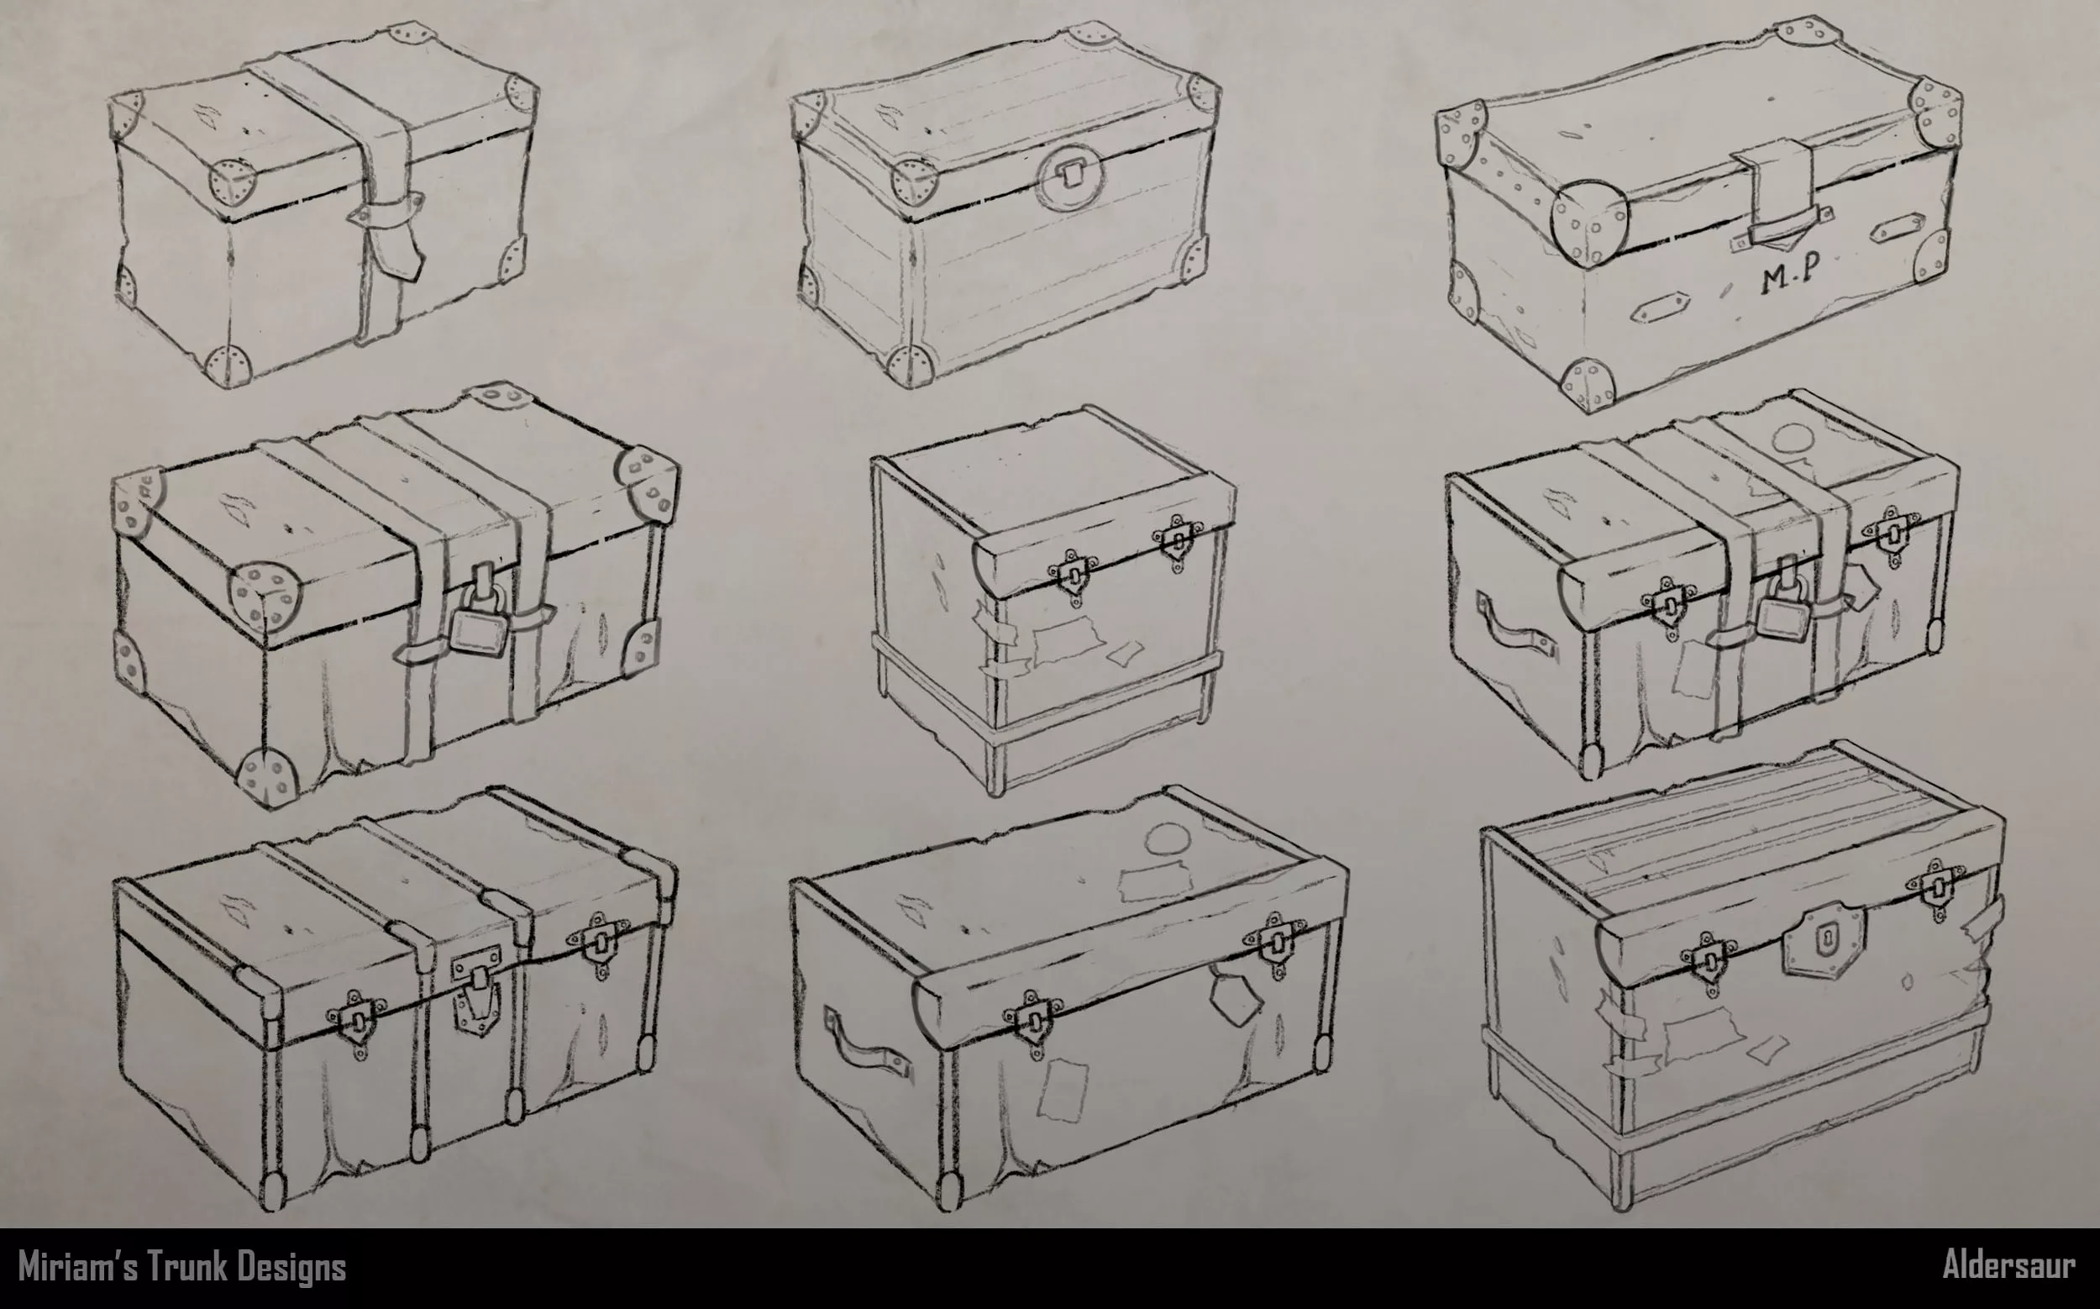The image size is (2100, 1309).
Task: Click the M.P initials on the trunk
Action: click(x=1782, y=281)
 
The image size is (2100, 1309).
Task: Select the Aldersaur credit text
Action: click(x=2008, y=1265)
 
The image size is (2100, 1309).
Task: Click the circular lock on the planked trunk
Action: click(x=1074, y=179)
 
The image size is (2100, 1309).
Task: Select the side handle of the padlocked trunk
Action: click(x=1514, y=635)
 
